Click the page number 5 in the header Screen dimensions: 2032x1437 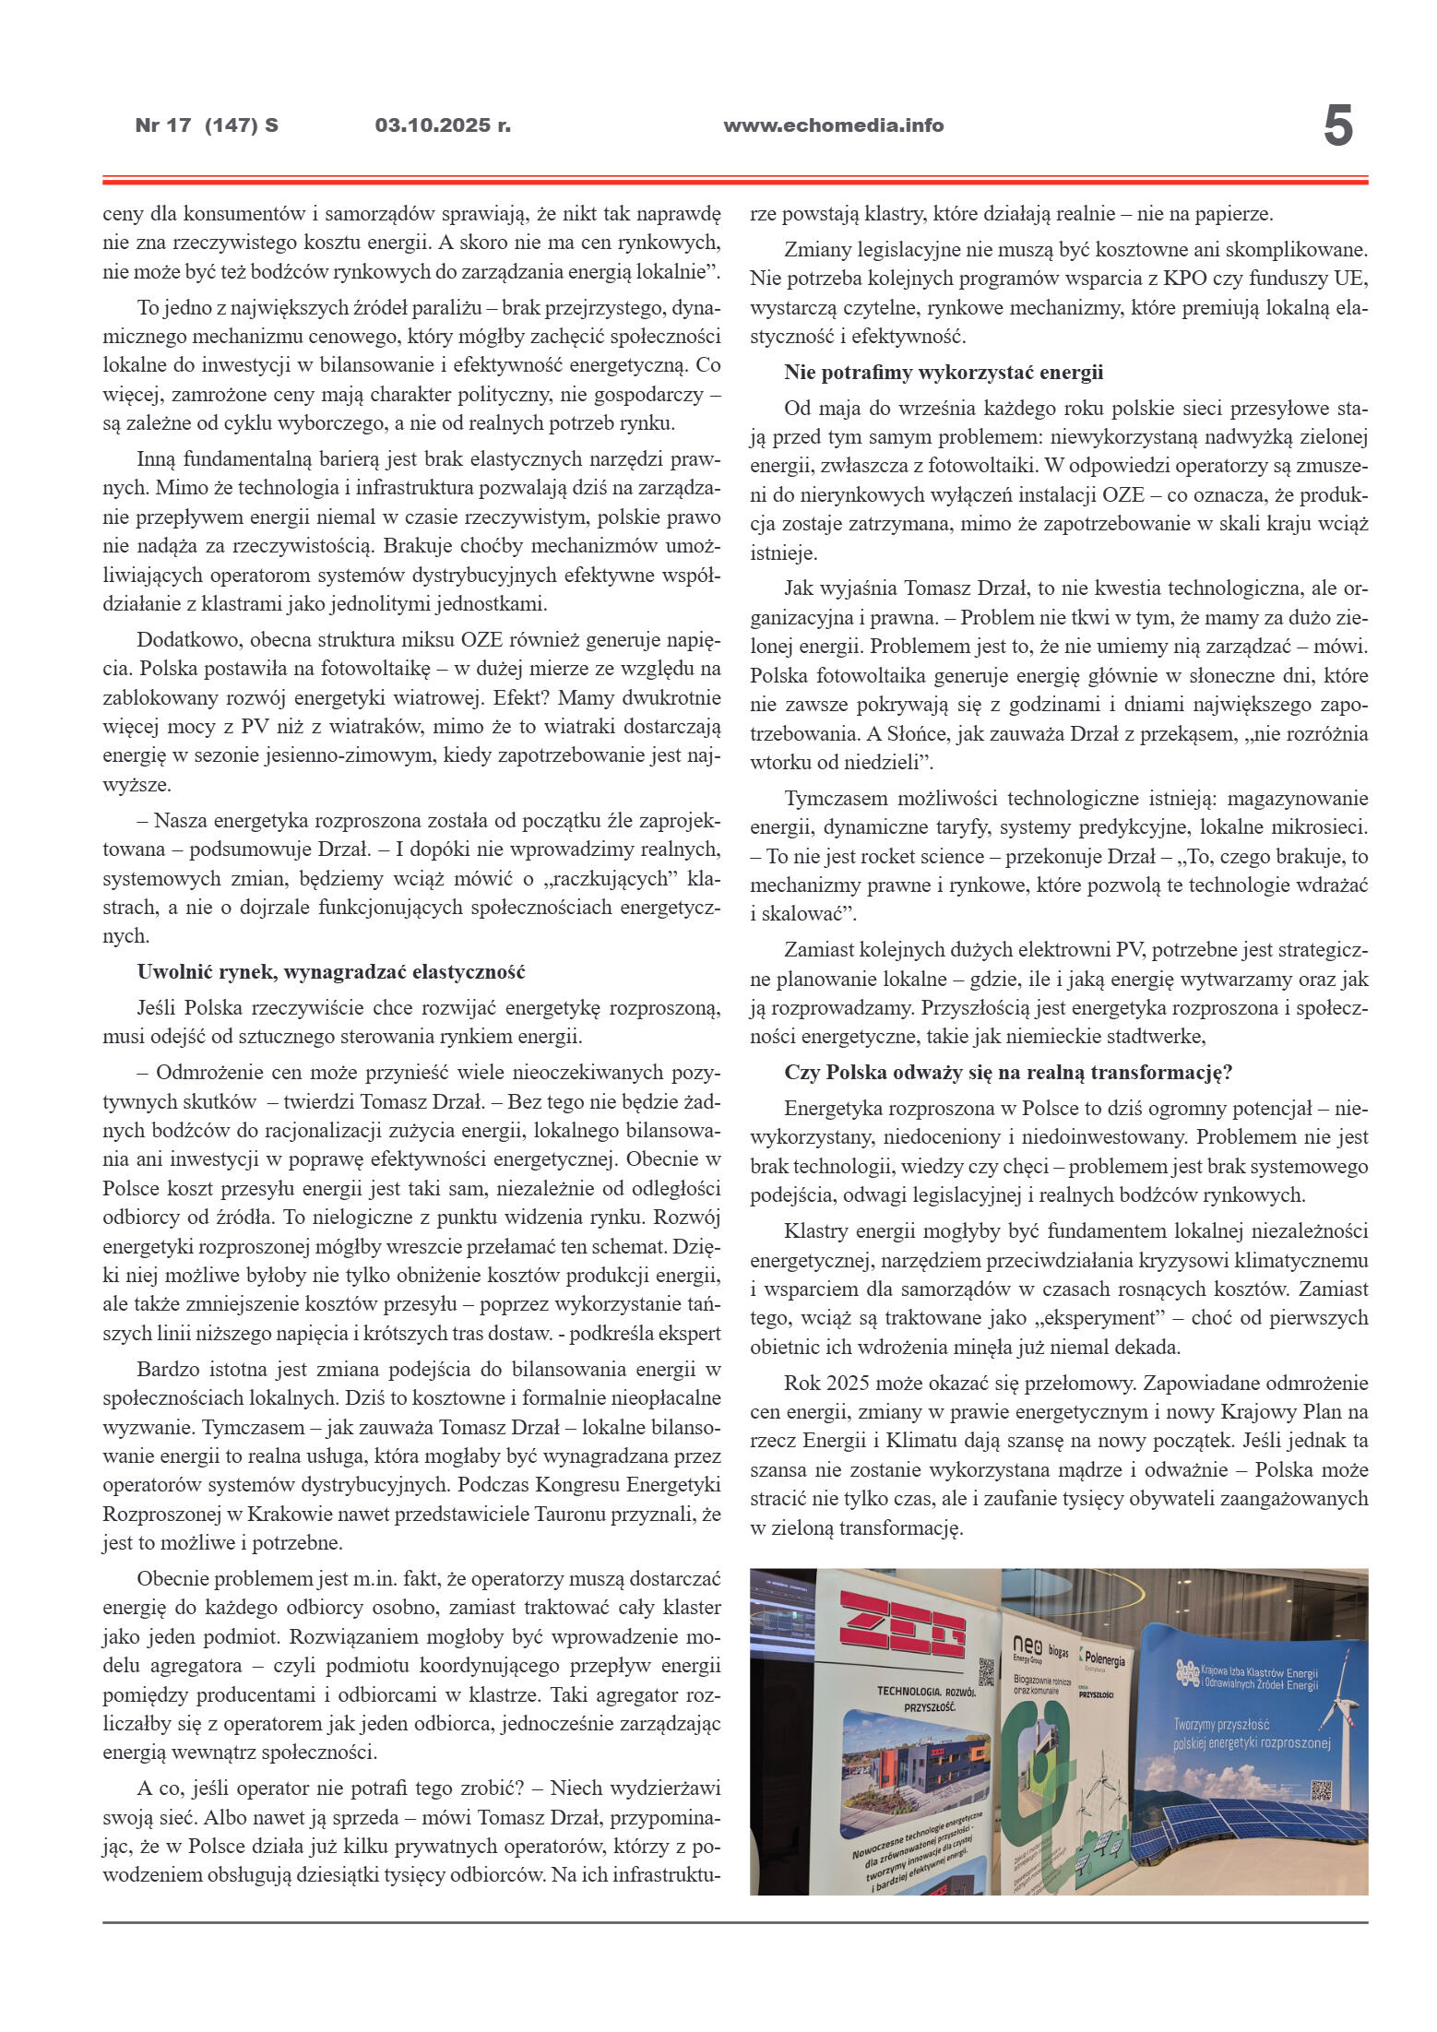(1337, 126)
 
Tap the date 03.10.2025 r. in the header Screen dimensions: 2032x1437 (443, 125)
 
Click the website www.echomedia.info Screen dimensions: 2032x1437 (833, 125)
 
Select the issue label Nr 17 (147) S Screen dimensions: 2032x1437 (207, 125)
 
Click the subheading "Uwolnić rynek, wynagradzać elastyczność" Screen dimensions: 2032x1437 (331, 971)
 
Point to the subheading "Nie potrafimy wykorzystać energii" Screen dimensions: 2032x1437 (944, 373)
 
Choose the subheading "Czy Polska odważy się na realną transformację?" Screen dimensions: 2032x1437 (1009, 1073)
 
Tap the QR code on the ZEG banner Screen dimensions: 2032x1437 (985, 1670)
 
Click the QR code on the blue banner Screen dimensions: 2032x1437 (1321, 1791)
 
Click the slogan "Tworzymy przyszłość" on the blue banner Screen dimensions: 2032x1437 (1221, 1724)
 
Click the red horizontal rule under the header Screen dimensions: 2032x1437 (734, 180)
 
